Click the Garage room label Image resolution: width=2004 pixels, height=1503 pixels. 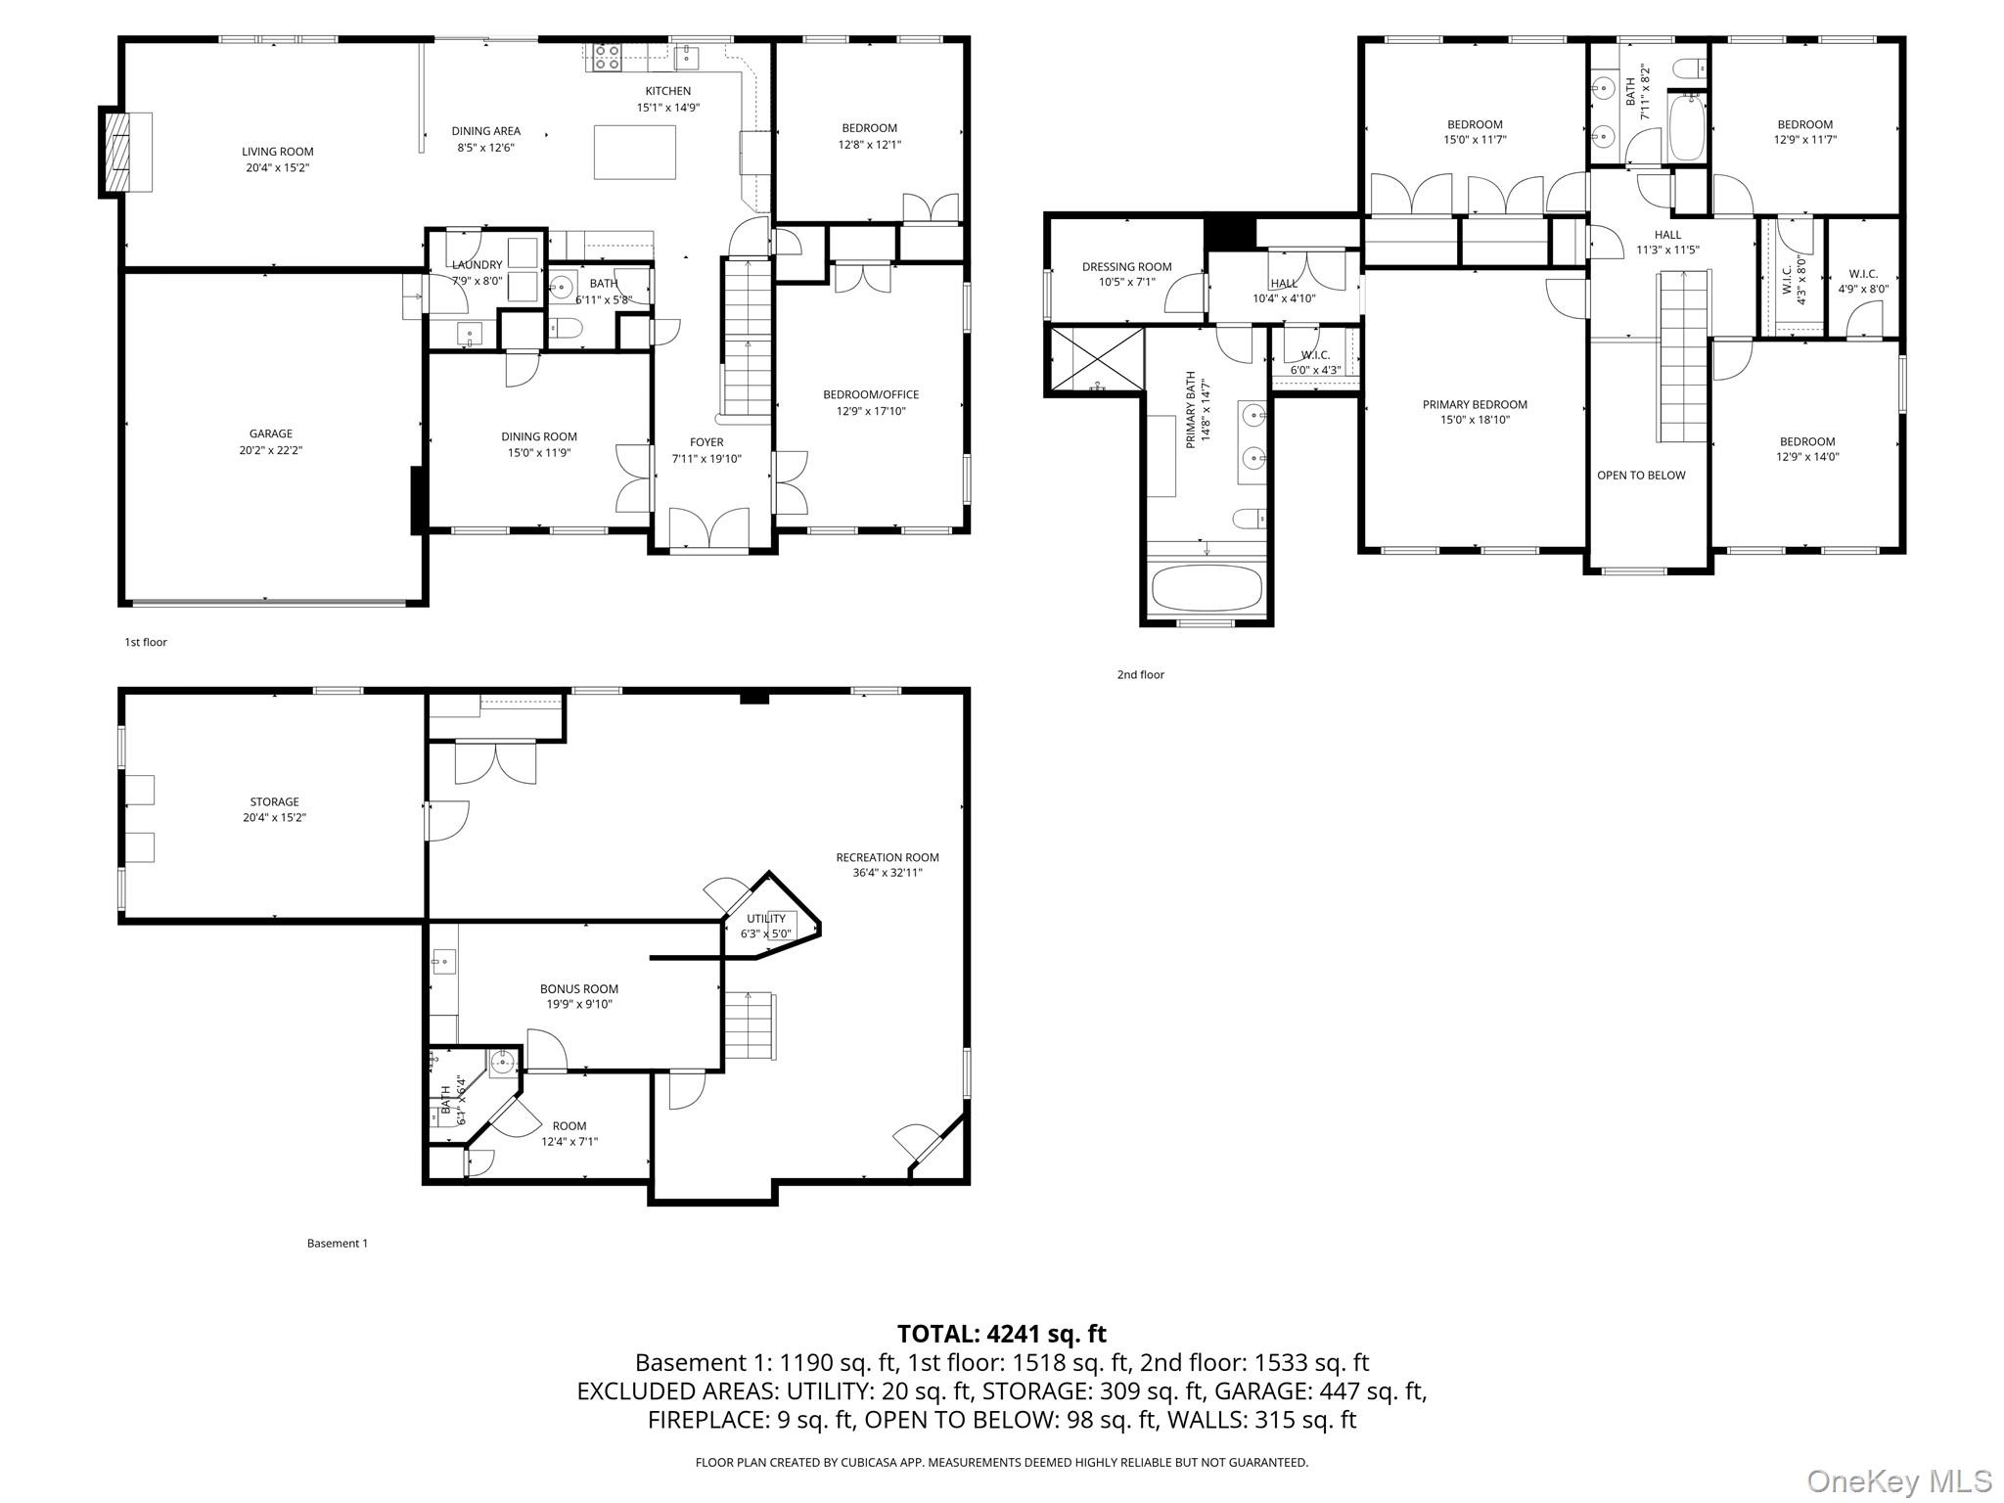[271, 441]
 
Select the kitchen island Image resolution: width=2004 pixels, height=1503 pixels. [635, 152]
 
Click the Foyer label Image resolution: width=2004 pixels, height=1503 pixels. [706, 450]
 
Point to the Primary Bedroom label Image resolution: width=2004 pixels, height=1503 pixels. [1475, 412]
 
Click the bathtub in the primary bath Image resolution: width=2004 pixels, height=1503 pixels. [1207, 588]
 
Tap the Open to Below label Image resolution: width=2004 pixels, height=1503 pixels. [1641, 476]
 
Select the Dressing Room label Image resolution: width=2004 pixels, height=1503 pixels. [1126, 274]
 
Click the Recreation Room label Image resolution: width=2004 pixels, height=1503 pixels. [888, 865]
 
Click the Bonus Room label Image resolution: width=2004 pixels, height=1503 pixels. [579, 996]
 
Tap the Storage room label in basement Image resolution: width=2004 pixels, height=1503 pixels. [274, 809]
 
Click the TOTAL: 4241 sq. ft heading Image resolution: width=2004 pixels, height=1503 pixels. [1002, 1334]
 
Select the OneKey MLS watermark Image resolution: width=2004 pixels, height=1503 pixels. [1897, 1480]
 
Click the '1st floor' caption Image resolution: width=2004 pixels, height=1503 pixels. [146, 642]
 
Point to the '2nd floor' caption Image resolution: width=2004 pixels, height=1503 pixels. [1141, 674]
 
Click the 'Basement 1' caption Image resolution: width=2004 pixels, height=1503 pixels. [338, 1244]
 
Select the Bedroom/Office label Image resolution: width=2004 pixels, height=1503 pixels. [871, 402]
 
